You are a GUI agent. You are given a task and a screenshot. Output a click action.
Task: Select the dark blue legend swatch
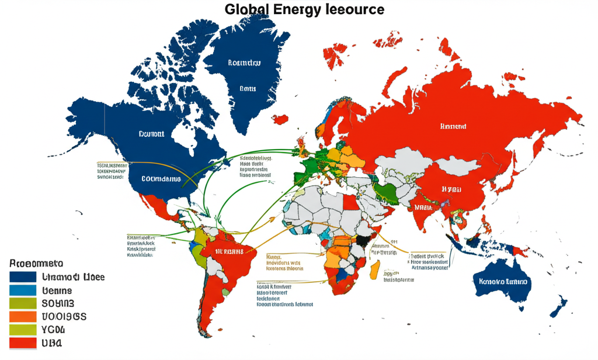23,276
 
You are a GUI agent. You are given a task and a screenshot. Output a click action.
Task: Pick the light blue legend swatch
23,290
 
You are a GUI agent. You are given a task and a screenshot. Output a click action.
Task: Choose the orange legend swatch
23,316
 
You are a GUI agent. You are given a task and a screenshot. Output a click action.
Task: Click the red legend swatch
23,342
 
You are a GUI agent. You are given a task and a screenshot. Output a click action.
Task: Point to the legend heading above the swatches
36,263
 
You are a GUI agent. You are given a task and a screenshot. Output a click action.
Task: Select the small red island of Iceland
280,119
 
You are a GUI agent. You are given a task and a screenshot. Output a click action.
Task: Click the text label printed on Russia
453,126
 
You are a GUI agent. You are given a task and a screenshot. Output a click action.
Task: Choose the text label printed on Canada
151,134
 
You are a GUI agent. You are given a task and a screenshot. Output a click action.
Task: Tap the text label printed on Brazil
229,252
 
